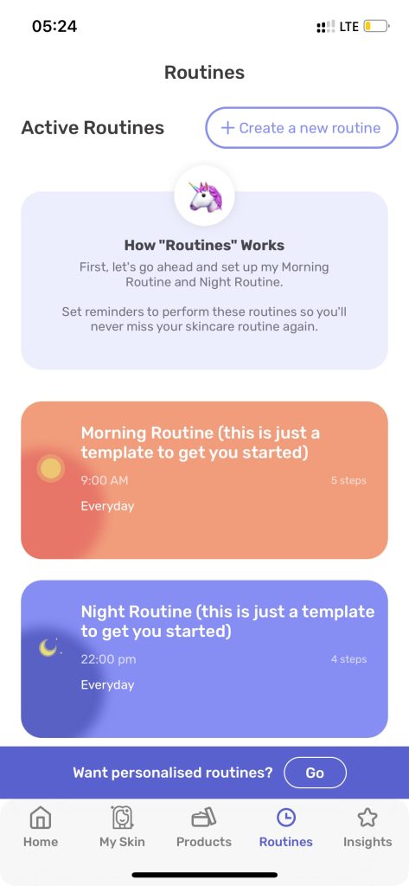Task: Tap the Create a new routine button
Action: point(302,128)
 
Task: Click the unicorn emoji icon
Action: point(204,196)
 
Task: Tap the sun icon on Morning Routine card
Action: point(51,468)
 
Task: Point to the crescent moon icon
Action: point(48,647)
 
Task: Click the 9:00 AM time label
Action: point(105,480)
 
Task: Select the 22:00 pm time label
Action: point(108,659)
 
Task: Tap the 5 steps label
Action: point(348,481)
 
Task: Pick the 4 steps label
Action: point(348,659)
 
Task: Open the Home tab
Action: point(40,826)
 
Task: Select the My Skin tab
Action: point(122,826)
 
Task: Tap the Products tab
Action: point(204,826)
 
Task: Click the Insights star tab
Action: point(367,826)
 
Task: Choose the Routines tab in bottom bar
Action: point(286,826)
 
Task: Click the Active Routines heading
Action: point(93,128)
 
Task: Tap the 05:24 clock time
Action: point(54,26)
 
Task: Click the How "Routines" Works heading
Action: point(204,245)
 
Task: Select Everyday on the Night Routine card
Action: point(107,685)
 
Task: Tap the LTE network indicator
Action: point(349,27)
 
